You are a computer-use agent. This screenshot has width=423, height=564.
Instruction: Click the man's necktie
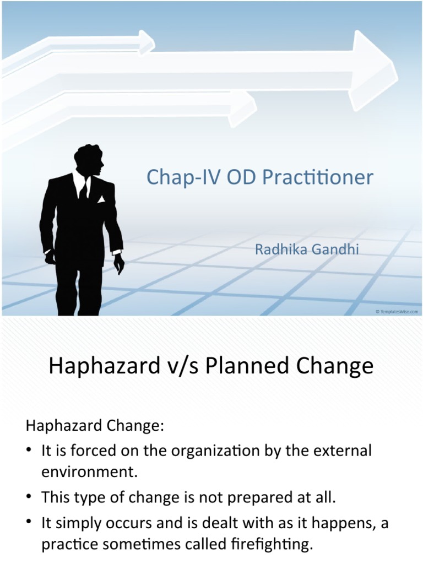84,189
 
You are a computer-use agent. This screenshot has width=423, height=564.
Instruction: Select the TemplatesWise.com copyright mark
397,312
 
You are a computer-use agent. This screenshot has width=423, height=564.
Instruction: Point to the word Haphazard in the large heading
104,366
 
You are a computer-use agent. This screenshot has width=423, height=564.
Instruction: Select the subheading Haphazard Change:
95,426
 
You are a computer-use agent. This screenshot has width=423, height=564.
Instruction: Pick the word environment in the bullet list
90,472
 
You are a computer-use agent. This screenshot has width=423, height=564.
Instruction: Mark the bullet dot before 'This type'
30,496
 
